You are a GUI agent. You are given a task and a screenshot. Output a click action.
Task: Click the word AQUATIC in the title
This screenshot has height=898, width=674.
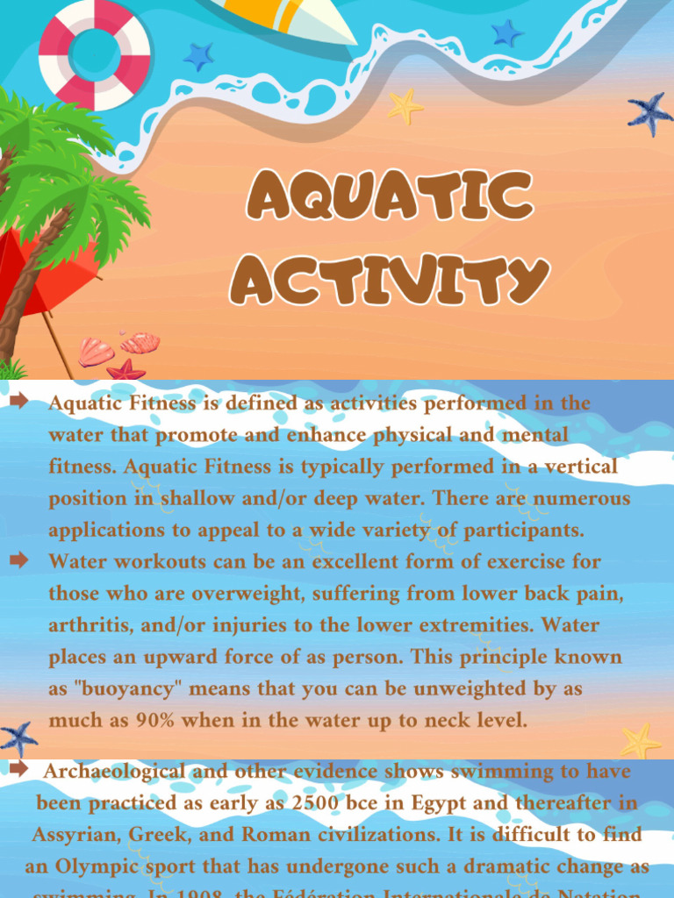(x=390, y=196)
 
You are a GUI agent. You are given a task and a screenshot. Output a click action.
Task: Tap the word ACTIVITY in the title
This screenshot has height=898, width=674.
(x=390, y=279)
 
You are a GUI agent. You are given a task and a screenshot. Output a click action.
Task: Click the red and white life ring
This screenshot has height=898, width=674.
(x=95, y=54)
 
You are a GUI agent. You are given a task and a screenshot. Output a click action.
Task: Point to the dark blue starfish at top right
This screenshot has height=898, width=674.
(x=650, y=113)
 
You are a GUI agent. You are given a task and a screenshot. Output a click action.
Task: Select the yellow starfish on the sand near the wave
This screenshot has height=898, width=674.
(x=405, y=106)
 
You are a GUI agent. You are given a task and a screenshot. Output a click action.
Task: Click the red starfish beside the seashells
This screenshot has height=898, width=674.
(x=126, y=370)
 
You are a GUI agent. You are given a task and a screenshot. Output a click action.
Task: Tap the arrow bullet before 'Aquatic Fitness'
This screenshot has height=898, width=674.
(x=19, y=403)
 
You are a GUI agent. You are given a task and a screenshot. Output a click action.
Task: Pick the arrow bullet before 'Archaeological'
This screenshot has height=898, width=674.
(x=19, y=770)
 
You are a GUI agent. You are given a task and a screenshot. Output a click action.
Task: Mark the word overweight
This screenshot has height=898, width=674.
(x=241, y=594)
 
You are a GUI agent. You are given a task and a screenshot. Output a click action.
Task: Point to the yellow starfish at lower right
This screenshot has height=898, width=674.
(x=642, y=741)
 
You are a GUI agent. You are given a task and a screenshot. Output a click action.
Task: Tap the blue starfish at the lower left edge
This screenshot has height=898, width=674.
(x=18, y=738)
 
